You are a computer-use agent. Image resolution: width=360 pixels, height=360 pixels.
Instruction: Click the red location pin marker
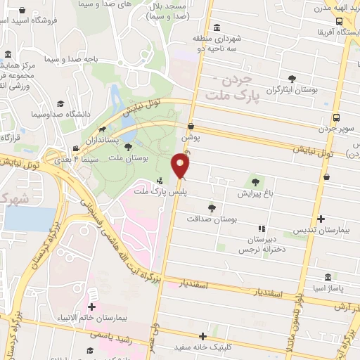[x=181, y=166]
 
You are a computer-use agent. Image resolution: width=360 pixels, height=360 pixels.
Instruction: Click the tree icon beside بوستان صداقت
[x=212, y=207]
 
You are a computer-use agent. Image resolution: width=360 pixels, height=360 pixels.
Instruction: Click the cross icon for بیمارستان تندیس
[x=321, y=219]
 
